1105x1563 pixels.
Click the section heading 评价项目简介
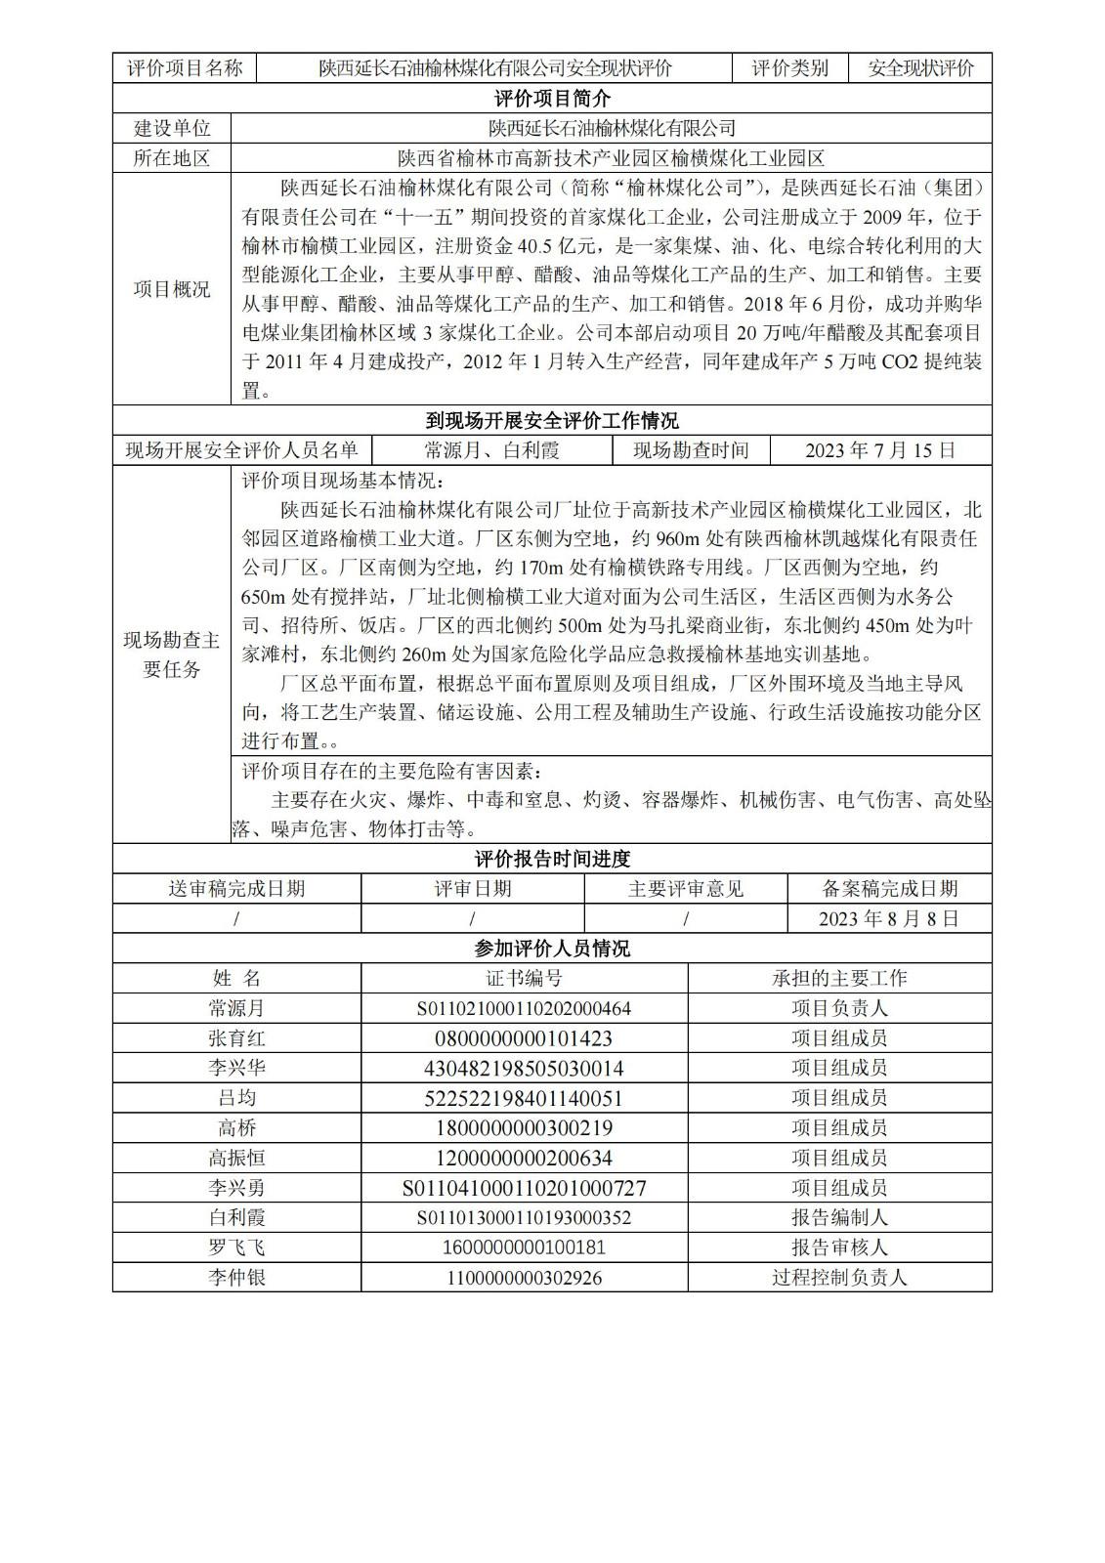552,99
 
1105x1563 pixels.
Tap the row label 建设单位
172,128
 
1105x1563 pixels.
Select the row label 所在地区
172,158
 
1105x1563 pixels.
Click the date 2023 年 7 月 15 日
880,450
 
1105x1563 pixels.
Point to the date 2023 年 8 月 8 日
889,918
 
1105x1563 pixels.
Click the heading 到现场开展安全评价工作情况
552,421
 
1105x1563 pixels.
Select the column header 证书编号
524,978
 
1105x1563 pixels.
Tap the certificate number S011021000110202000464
524,1008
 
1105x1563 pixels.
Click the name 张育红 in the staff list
236,1038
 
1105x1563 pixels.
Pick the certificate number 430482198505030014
524,1069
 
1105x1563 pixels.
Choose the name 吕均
236,1098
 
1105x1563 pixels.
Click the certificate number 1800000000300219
524,1128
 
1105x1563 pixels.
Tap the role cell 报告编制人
839,1217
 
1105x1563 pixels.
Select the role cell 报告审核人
839,1247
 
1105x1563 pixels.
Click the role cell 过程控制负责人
839,1277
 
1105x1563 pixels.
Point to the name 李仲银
236,1277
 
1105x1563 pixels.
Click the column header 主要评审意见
686,889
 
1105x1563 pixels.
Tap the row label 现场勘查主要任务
172,655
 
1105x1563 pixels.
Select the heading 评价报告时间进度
552,859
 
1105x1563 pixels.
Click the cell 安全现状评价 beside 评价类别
920,68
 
